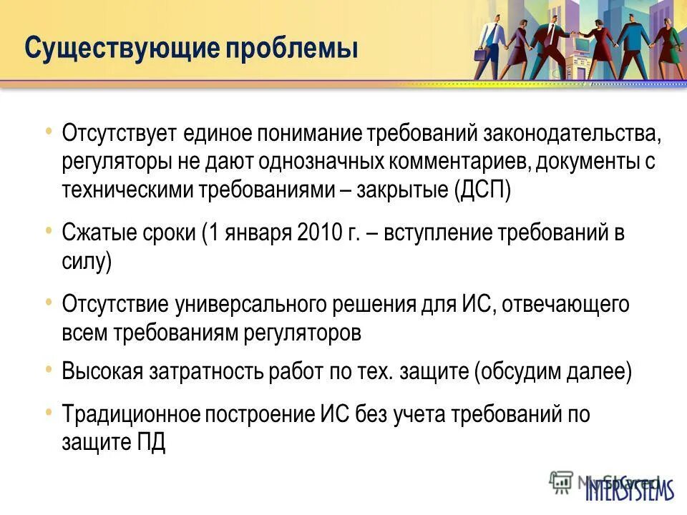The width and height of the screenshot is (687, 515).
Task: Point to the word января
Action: (x=251, y=233)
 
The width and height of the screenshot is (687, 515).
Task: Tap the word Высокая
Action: (x=102, y=373)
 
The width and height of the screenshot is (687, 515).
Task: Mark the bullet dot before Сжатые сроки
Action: (x=48, y=230)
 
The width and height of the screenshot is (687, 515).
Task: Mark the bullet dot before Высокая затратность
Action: (x=48, y=370)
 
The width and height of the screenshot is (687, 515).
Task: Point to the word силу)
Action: (x=87, y=262)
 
